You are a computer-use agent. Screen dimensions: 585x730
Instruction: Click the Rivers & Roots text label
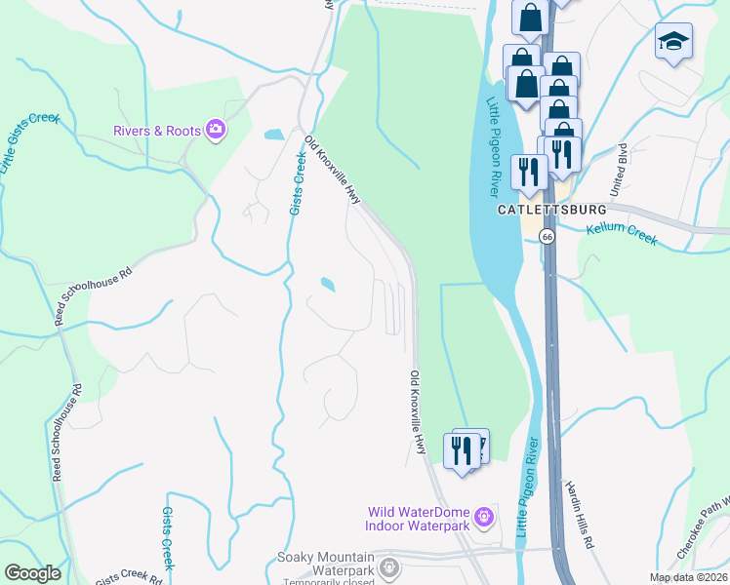coord(157,130)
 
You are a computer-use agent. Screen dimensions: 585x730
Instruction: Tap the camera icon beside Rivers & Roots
coord(216,129)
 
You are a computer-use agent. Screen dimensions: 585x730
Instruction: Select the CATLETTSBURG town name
coord(551,210)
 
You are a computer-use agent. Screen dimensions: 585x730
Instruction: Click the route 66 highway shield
coord(548,236)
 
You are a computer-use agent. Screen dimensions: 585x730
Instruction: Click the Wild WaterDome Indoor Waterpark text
coord(417,519)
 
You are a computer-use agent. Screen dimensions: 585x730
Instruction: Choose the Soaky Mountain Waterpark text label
coord(326,564)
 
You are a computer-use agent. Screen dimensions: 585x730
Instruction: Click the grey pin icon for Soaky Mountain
coord(389,565)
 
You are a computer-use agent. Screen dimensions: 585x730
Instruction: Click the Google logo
coord(32,573)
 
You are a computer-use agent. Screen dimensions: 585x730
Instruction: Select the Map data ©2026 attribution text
coord(689,577)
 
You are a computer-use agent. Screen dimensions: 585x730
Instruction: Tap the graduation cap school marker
coord(672,42)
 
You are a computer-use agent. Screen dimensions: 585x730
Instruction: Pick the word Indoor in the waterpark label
coord(388,526)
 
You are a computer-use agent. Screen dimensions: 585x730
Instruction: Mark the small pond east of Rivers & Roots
coord(274,135)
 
